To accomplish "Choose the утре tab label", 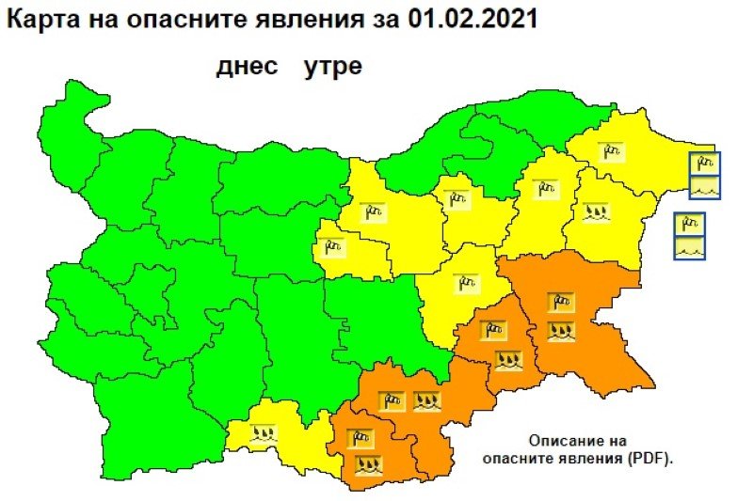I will click(332, 68).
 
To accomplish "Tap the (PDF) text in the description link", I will click(649, 459).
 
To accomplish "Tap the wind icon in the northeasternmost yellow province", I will click(611, 151).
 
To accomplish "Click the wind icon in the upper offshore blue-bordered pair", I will click(705, 164).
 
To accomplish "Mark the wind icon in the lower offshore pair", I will click(691, 226).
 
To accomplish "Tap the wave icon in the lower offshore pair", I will click(691, 248).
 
